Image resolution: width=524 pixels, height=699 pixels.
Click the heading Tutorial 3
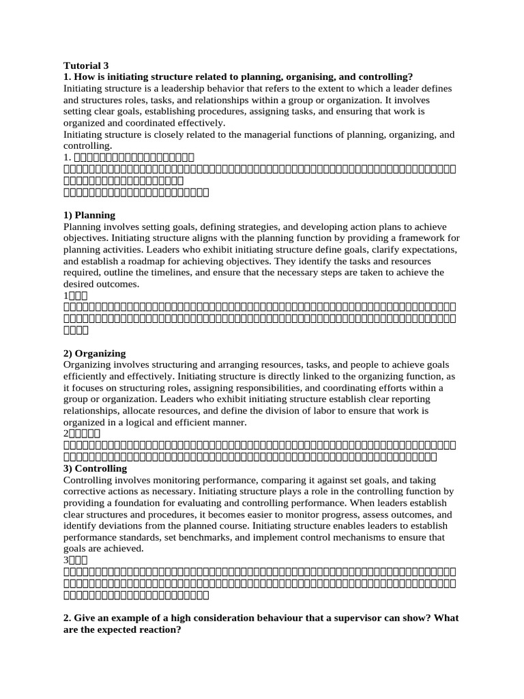[86, 66]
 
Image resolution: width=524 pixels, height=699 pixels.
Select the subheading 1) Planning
[89, 215]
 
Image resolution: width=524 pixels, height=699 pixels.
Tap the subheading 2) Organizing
[94, 354]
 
